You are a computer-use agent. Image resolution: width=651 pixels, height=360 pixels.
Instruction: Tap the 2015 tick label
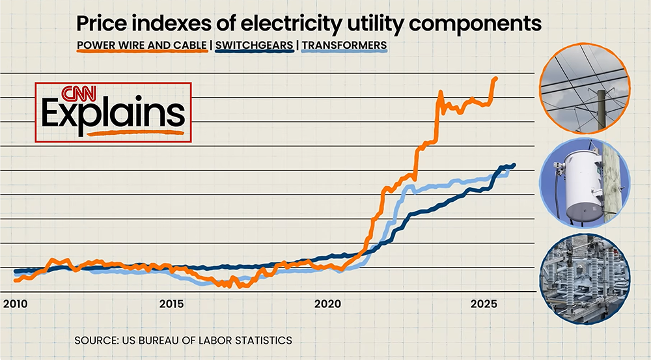(x=171, y=304)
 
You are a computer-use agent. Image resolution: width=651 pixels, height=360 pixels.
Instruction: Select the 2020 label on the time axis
(x=327, y=304)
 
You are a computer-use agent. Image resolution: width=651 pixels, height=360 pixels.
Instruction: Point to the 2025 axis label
(x=484, y=304)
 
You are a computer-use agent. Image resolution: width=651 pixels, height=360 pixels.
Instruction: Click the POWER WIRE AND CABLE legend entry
(x=143, y=46)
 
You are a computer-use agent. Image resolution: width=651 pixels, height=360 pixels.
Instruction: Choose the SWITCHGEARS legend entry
(x=255, y=46)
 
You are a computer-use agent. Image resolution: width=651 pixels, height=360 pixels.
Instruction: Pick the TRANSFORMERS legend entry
(x=344, y=46)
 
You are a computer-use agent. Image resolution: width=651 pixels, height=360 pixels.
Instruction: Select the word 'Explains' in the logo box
(x=113, y=113)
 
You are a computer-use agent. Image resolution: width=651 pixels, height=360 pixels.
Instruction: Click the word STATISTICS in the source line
(x=260, y=340)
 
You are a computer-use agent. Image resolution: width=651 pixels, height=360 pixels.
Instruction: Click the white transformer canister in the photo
(x=583, y=185)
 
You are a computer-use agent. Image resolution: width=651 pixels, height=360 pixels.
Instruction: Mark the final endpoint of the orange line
(x=495, y=79)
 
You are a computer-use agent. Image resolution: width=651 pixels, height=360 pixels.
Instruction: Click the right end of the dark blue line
(x=514, y=165)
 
